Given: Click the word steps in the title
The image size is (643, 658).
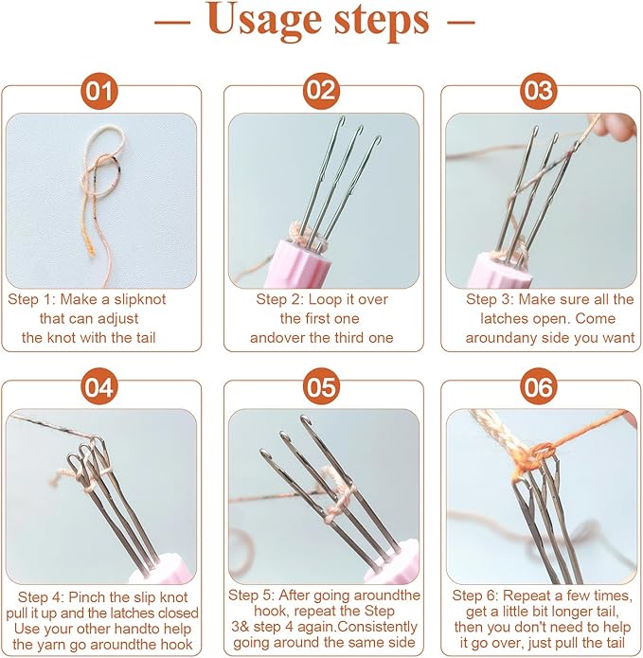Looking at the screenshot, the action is [382, 20].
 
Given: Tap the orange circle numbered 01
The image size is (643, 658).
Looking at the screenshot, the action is [99, 92].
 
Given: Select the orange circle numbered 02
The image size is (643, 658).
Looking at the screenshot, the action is [321, 91].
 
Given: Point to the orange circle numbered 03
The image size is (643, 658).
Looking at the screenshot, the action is [539, 91].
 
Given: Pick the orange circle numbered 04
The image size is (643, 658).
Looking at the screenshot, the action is [99, 386].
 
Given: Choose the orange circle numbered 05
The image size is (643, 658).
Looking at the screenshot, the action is [321, 386].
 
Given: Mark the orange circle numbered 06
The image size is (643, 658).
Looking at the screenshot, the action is [539, 386].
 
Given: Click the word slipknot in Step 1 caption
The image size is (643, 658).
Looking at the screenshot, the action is [140, 300].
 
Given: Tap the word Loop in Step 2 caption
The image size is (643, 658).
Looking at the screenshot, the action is [324, 299].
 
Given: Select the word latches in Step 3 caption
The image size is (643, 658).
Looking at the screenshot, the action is [502, 318].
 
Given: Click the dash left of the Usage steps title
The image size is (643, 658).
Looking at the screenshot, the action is [172, 21].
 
